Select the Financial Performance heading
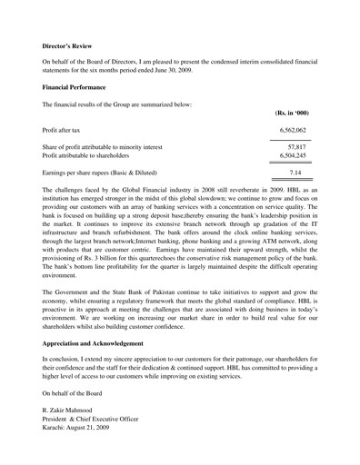(x=75, y=86)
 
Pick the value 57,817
(x=296, y=146)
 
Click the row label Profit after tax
(x=65, y=132)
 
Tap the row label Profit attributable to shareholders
(x=99, y=156)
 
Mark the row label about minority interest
(x=102, y=146)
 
